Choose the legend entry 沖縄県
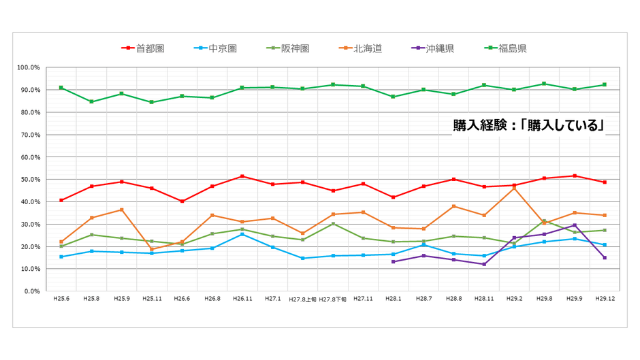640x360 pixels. point(439,48)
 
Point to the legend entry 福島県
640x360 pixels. point(512,48)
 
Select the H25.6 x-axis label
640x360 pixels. point(61,299)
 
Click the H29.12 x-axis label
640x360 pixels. point(604,299)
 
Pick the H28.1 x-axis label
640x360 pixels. point(393,299)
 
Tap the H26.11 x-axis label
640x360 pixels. point(242,299)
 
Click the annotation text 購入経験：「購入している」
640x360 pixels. point(529,125)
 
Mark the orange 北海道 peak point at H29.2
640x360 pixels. point(513,188)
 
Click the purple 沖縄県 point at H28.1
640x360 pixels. point(393,261)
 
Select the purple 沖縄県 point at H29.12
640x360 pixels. point(604,257)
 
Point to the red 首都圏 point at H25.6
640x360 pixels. point(61,200)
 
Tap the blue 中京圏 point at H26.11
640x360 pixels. point(242,234)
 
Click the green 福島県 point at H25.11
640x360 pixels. point(151,102)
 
